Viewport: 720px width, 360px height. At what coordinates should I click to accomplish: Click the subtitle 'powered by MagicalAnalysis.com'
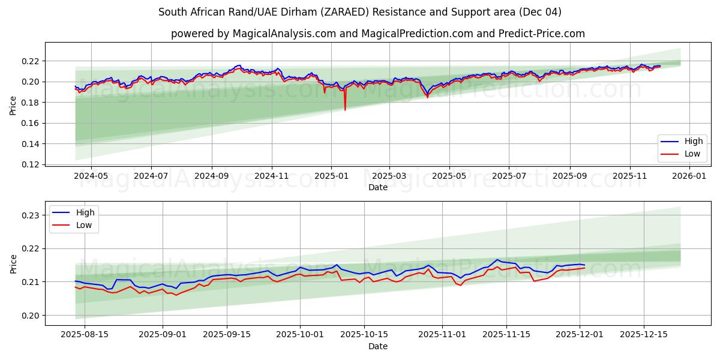pyautogui.click(x=377, y=34)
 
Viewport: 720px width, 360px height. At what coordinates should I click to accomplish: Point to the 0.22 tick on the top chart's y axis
pyautogui.click(x=30, y=61)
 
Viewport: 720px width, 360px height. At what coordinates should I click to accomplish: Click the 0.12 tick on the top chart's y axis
pyautogui.click(x=30, y=164)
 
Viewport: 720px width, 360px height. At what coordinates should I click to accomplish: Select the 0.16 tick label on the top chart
pyautogui.click(x=30, y=123)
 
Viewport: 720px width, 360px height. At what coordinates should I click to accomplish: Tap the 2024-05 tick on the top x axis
pyautogui.click(x=91, y=176)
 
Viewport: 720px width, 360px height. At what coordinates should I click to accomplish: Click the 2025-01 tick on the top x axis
pyautogui.click(x=331, y=176)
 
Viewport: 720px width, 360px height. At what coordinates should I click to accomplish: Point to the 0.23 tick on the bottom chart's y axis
pyautogui.click(x=30, y=215)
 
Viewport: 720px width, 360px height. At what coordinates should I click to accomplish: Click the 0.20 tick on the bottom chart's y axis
pyautogui.click(x=30, y=316)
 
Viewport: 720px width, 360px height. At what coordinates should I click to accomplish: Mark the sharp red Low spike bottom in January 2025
pyautogui.click(x=345, y=110)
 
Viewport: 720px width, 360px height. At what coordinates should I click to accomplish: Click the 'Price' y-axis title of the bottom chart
pyautogui.click(x=13, y=263)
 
